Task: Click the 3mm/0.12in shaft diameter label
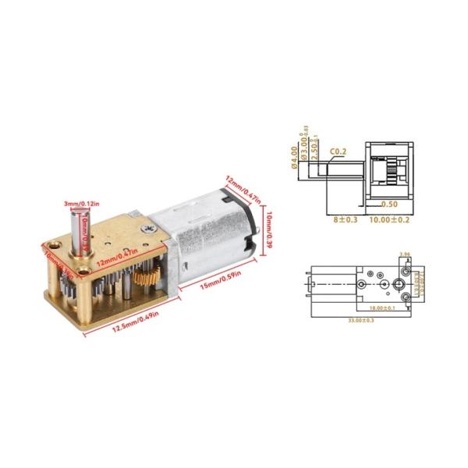pos(81,204)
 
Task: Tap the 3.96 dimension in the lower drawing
pos(404,254)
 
